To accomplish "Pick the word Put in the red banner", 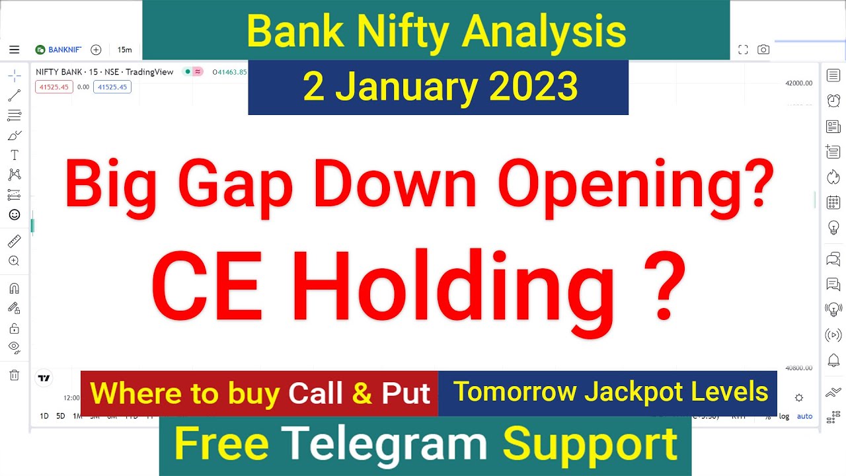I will click(406, 393).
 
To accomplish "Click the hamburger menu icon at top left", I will click(15, 50).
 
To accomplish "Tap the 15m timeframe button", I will click(124, 50).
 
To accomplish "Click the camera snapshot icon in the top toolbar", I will click(763, 50).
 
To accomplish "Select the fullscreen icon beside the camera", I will click(743, 50).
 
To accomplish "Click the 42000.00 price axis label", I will click(798, 83).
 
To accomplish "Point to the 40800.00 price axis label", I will click(798, 368).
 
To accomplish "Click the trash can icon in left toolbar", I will click(14, 375).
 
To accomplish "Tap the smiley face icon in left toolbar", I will click(14, 214).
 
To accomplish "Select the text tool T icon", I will click(14, 155).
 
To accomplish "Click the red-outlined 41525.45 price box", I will click(54, 87).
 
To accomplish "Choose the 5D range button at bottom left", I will click(60, 416).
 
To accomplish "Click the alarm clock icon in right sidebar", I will click(833, 100).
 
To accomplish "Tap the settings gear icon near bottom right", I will click(799, 397).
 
